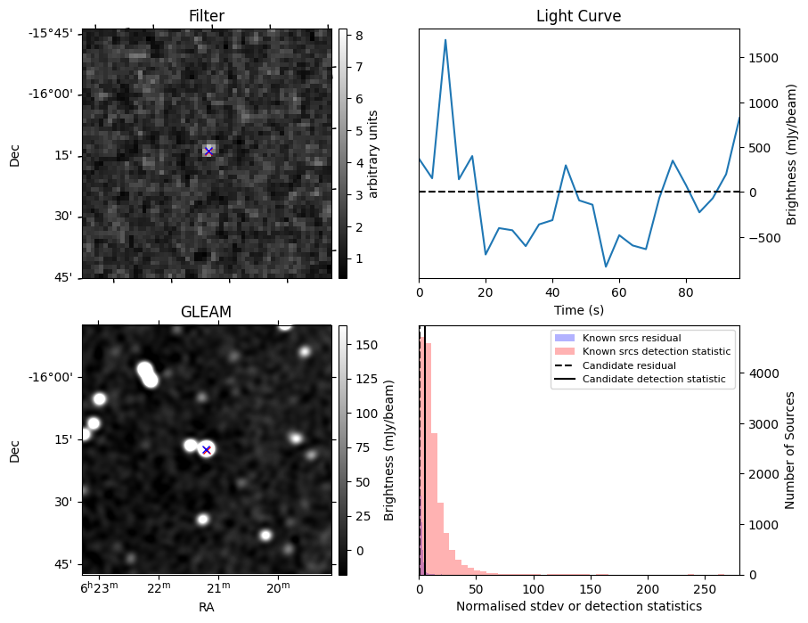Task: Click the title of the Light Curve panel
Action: [x=578, y=16]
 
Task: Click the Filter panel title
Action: [x=207, y=16]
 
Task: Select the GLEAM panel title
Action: [x=207, y=312]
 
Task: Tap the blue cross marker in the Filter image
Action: [x=208, y=152]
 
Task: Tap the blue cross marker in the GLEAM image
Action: [x=206, y=450]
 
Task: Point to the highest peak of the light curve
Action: [x=445, y=40]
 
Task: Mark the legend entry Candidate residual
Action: [x=628, y=366]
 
